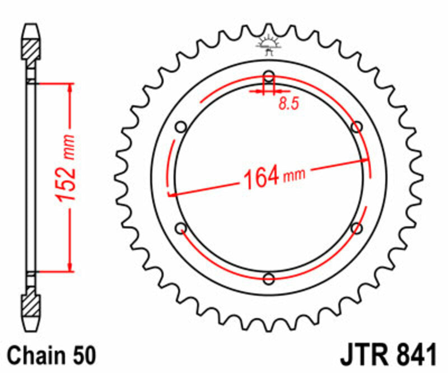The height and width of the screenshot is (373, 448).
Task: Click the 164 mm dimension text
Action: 273,176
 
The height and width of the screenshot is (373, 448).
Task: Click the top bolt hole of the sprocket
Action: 269,76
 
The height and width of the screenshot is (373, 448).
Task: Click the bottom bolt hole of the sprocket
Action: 269,278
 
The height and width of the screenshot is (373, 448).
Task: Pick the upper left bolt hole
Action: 181,127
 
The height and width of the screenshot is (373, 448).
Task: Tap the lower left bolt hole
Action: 181,228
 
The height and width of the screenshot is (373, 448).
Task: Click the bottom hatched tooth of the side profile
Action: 31,311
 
